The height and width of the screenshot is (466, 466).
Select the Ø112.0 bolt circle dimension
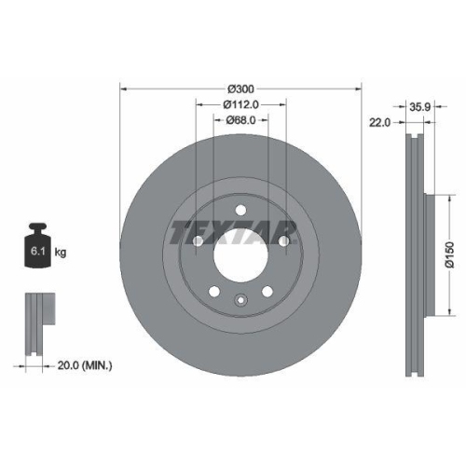[240, 104]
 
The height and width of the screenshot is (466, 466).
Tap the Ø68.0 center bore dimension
[240, 119]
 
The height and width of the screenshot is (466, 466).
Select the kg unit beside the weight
[61, 253]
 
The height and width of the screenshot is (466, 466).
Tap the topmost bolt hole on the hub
[240, 210]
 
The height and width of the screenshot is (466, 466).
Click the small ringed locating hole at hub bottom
[240, 300]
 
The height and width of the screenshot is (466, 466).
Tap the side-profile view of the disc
[416, 251]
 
